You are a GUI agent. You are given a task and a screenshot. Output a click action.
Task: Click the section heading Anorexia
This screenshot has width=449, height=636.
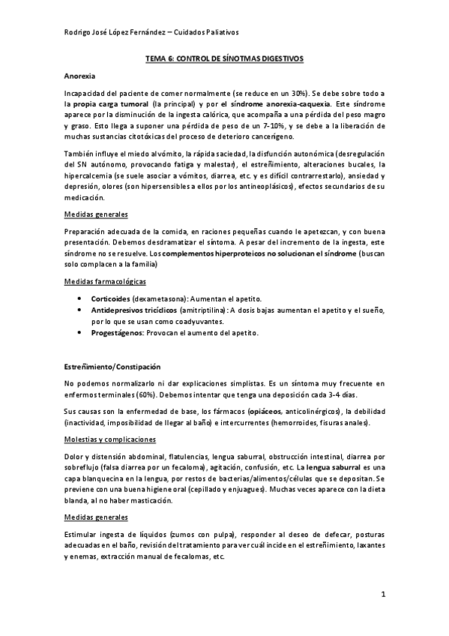point(80,76)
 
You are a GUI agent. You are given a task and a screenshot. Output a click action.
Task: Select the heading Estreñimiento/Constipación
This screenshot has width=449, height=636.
point(112,367)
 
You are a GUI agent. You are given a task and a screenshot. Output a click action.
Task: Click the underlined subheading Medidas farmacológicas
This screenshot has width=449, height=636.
point(105,281)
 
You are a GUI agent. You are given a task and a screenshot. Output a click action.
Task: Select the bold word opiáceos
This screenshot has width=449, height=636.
point(265,411)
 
